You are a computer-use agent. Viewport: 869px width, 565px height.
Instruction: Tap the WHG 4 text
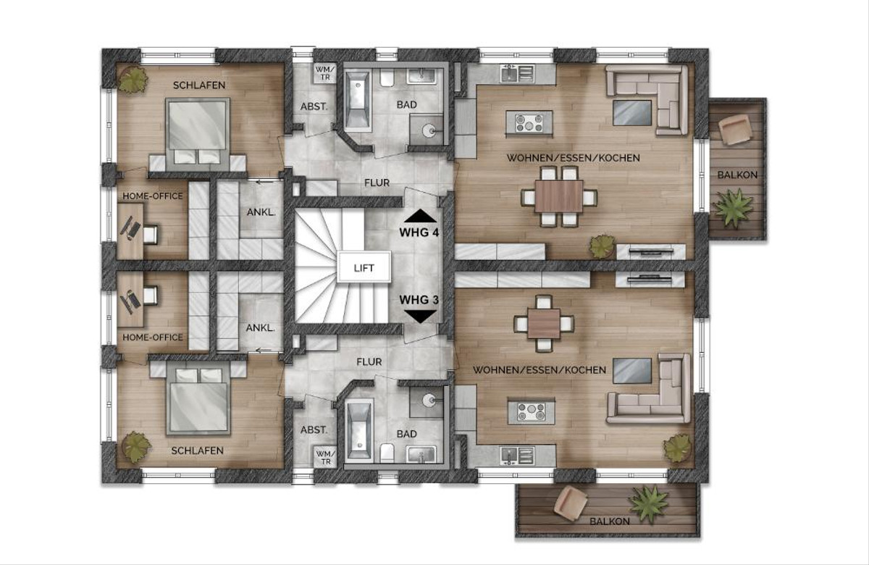[419, 233]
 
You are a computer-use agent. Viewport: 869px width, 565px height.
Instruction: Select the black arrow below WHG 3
[420, 317]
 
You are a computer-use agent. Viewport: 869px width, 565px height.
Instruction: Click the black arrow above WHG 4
[420, 215]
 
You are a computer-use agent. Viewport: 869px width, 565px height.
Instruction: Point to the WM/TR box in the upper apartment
[324, 73]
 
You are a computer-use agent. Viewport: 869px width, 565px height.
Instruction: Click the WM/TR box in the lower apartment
[325, 457]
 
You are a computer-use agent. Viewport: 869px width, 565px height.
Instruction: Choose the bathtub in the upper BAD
[358, 99]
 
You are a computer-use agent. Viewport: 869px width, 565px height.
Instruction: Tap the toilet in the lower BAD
[387, 453]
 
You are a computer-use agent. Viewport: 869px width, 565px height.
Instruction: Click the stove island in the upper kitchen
[529, 123]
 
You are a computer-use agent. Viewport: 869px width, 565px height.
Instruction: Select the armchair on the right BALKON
[735, 129]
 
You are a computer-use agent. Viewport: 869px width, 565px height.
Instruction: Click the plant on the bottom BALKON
[648, 504]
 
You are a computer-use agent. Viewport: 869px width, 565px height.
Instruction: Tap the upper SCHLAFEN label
[199, 85]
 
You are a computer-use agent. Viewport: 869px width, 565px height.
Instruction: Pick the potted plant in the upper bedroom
[133, 80]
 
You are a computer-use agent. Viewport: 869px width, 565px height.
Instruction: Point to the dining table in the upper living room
[558, 196]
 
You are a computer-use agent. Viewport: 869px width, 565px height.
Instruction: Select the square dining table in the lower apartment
[544, 323]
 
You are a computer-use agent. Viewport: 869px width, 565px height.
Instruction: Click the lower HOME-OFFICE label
[153, 338]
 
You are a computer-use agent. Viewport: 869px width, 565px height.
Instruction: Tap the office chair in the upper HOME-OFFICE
[151, 235]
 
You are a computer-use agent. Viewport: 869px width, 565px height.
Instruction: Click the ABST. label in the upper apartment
[314, 106]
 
